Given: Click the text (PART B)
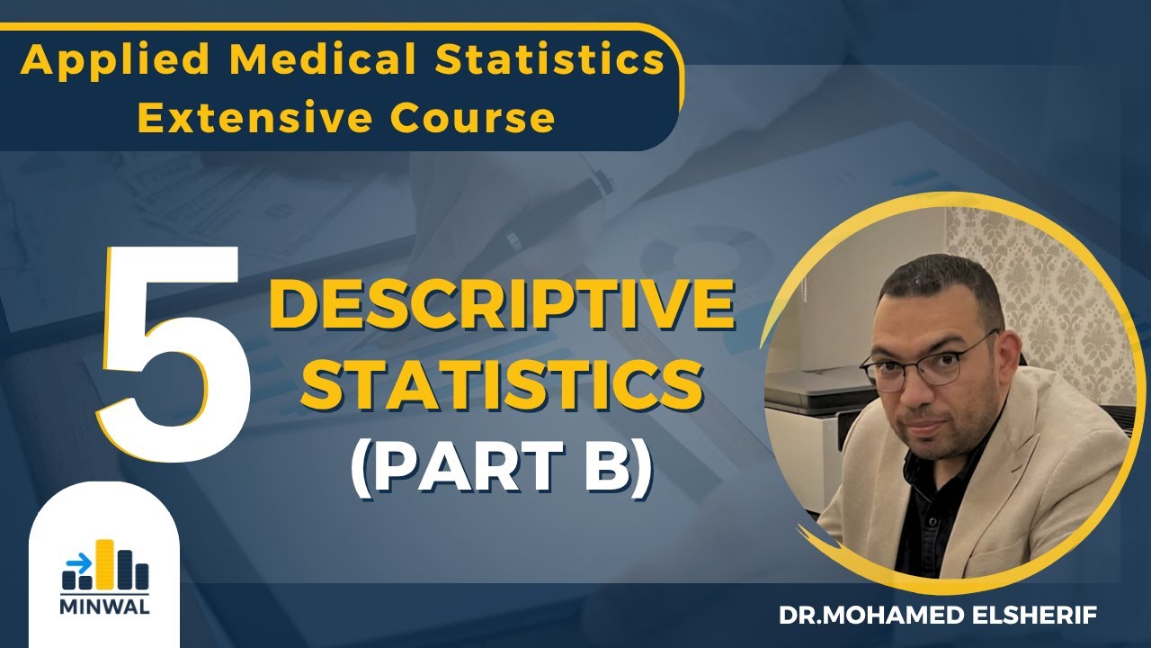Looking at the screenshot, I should tap(501, 468).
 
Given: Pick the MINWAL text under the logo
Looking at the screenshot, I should tap(105, 605).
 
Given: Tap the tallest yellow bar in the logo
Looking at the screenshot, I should tap(105, 562).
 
